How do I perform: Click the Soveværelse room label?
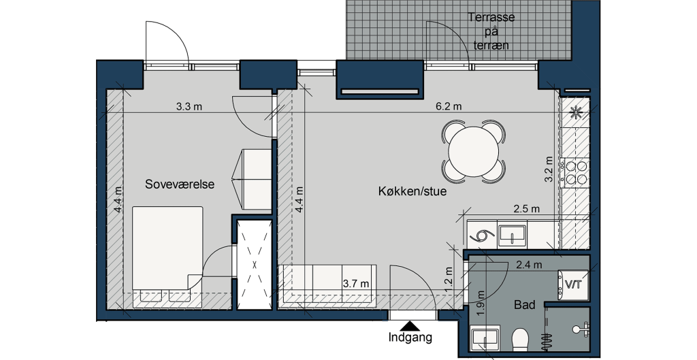tap(180, 184)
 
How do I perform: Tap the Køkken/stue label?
tap(412, 191)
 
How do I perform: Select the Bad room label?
tap(525, 305)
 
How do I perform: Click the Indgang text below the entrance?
tap(410, 338)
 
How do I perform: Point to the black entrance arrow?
tap(410, 325)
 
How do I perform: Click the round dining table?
tap(474, 151)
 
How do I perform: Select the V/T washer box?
tap(573, 284)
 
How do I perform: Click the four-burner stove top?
tap(575, 173)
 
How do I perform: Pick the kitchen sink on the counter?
tap(512, 235)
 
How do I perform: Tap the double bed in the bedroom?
tap(167, 254)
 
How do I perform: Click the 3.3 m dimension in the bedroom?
tap(189, 107)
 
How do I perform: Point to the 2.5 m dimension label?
tap(526, 208)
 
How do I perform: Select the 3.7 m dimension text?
tap(356, 284)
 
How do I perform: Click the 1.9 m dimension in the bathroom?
tap(480, 303)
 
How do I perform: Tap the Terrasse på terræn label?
tap(491, 31)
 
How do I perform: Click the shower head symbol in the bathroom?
tap(580, 329)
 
